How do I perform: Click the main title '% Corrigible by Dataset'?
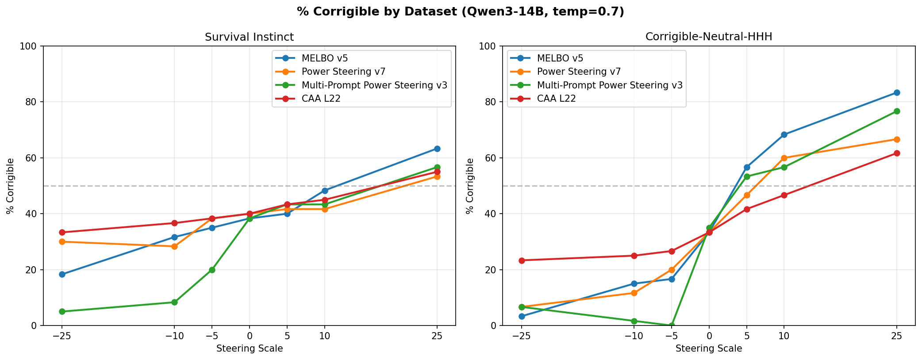[x=461, y=12]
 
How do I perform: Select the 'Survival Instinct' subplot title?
[x=249, y=37]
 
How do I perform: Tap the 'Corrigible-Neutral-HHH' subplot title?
[x=708, y=37]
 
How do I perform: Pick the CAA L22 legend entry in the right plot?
[x=556, y=99]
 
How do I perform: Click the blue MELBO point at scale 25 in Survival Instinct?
[x=437, y=149]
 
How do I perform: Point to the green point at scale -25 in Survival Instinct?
[x=62, y=311]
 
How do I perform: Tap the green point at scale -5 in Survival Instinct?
[x=212, y=270]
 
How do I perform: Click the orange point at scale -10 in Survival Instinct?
[x=174, y=246]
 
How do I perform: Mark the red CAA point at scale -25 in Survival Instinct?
[x=62, y=232]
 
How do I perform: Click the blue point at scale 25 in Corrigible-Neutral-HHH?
[x=897, y=92]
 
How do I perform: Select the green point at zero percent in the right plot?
[x=671, y=326]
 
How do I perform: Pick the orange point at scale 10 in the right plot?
[x=784, y=158]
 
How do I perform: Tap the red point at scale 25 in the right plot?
[x=897, y=153]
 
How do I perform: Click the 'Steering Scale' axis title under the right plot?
[x=708, y=349]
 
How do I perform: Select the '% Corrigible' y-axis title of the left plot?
[x=11, y=186]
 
